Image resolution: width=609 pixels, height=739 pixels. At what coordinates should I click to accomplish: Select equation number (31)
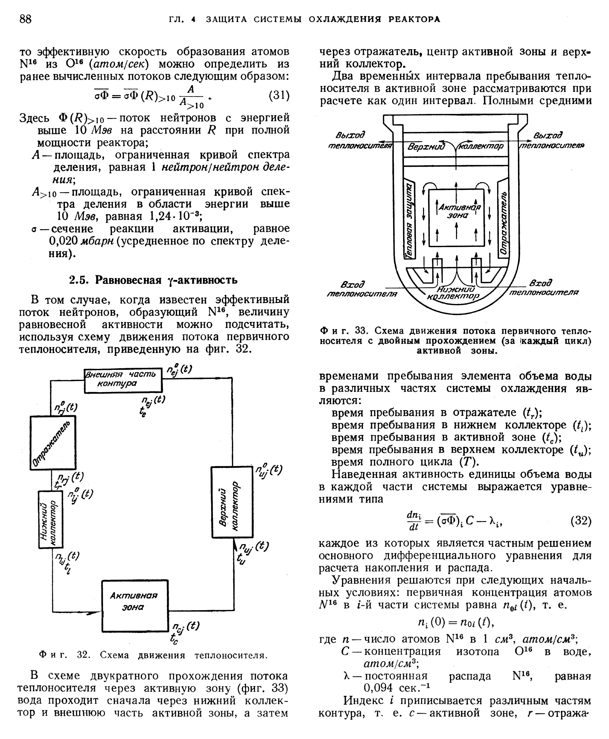279,96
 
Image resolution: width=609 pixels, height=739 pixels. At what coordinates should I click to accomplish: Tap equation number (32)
581,521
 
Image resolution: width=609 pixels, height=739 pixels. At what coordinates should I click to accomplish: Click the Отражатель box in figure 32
53,443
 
